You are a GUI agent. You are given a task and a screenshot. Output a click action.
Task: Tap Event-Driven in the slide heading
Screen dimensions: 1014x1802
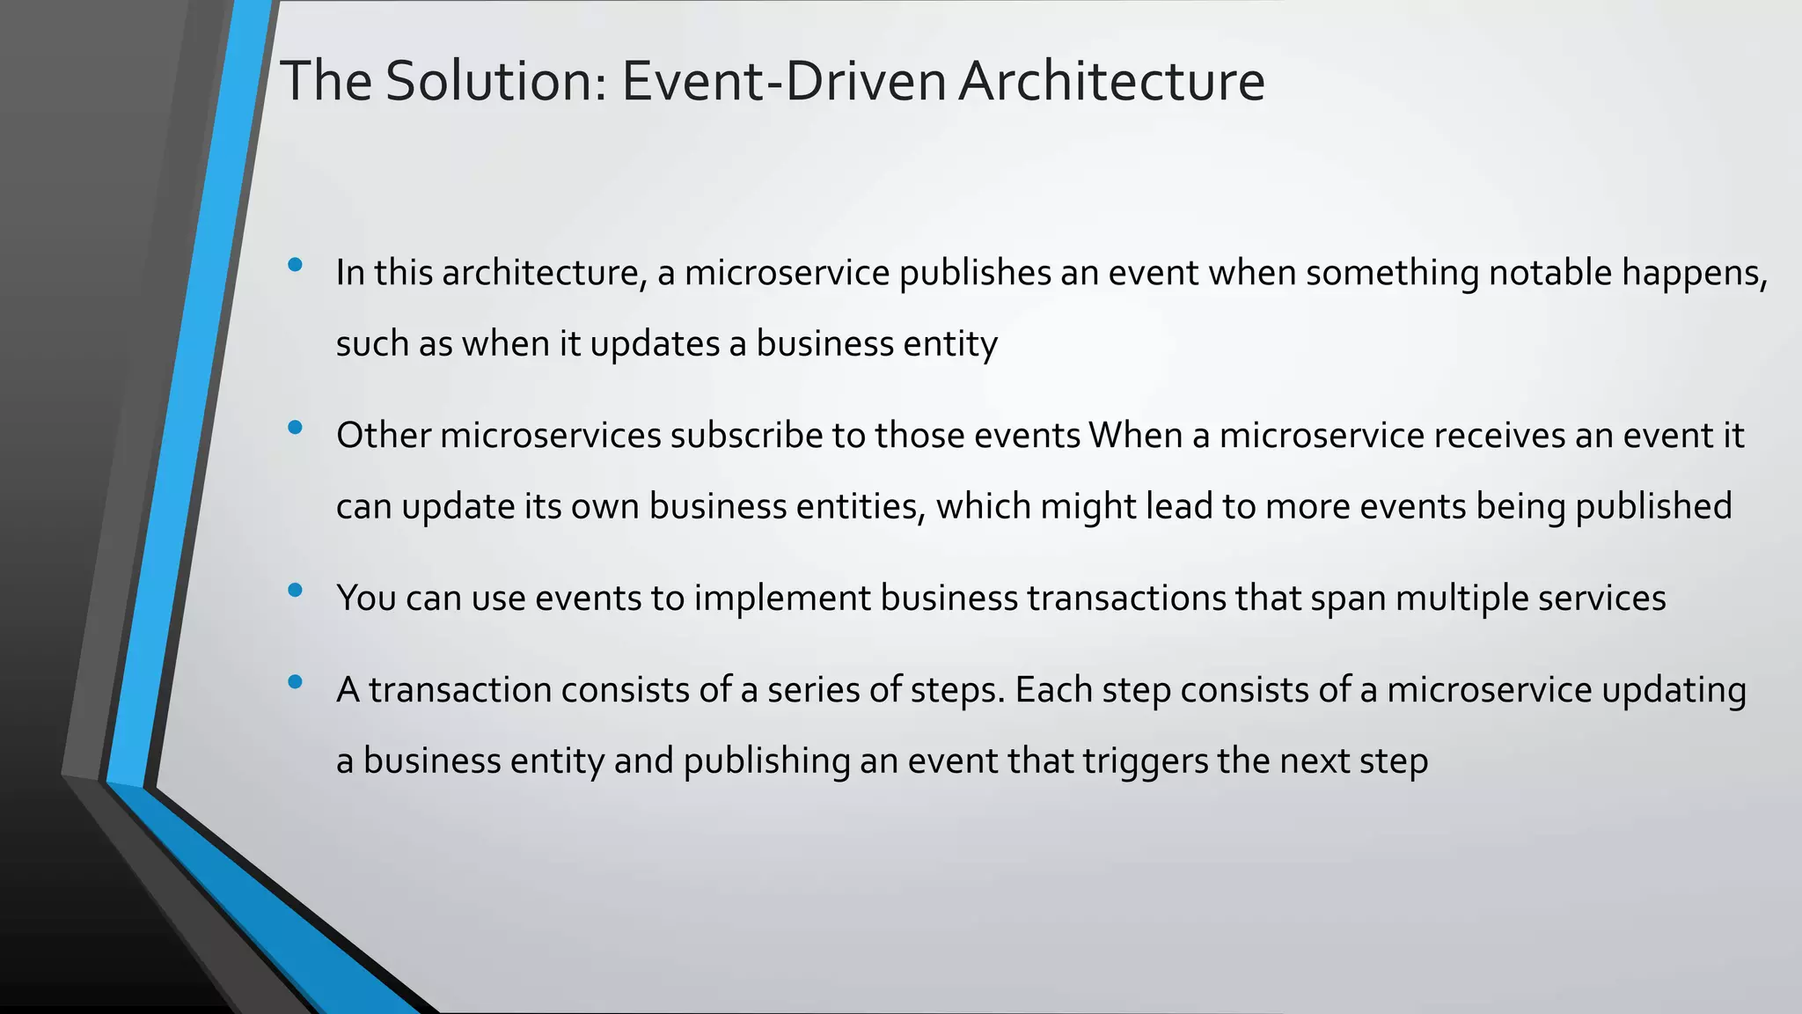[784, 81]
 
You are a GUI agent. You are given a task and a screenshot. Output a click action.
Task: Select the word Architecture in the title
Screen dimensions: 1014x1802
[1111, 81]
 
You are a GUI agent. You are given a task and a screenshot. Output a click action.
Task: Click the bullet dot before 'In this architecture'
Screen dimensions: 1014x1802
[295, 264]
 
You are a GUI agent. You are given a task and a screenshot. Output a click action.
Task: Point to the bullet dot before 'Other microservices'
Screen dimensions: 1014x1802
[295, 428]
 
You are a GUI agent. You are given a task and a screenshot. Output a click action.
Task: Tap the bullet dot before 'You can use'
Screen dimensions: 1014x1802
[295, 590]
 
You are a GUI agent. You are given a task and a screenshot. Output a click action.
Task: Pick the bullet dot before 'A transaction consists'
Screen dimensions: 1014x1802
[295, 681]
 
